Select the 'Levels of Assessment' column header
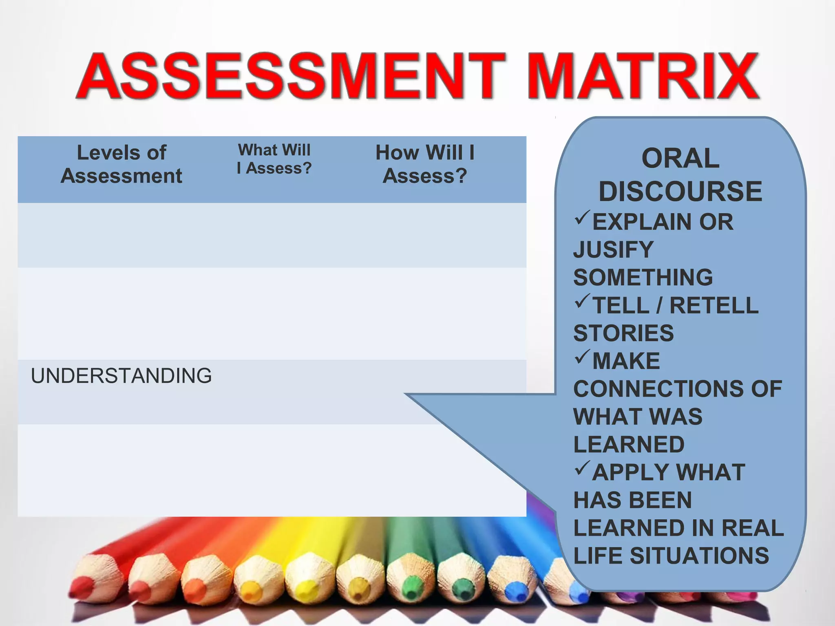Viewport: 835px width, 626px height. pyautogui.click(x=121, y=164)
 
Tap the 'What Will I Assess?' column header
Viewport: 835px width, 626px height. pyautogui.click(x=274, y=159)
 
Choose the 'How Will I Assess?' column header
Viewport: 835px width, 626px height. pyautogui.click(x=425, y=164)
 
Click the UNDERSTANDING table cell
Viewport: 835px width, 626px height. pyautogui.click(x=121, y=376)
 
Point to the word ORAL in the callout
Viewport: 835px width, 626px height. pyautogui.click(x=680, y=158)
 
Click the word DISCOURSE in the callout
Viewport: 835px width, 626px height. pyautogui.click(x=680, y=191)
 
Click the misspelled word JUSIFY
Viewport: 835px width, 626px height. pyautogui.click(x=613, y=249)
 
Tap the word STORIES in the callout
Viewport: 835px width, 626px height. pyautogui.click(x=623, y=333)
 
